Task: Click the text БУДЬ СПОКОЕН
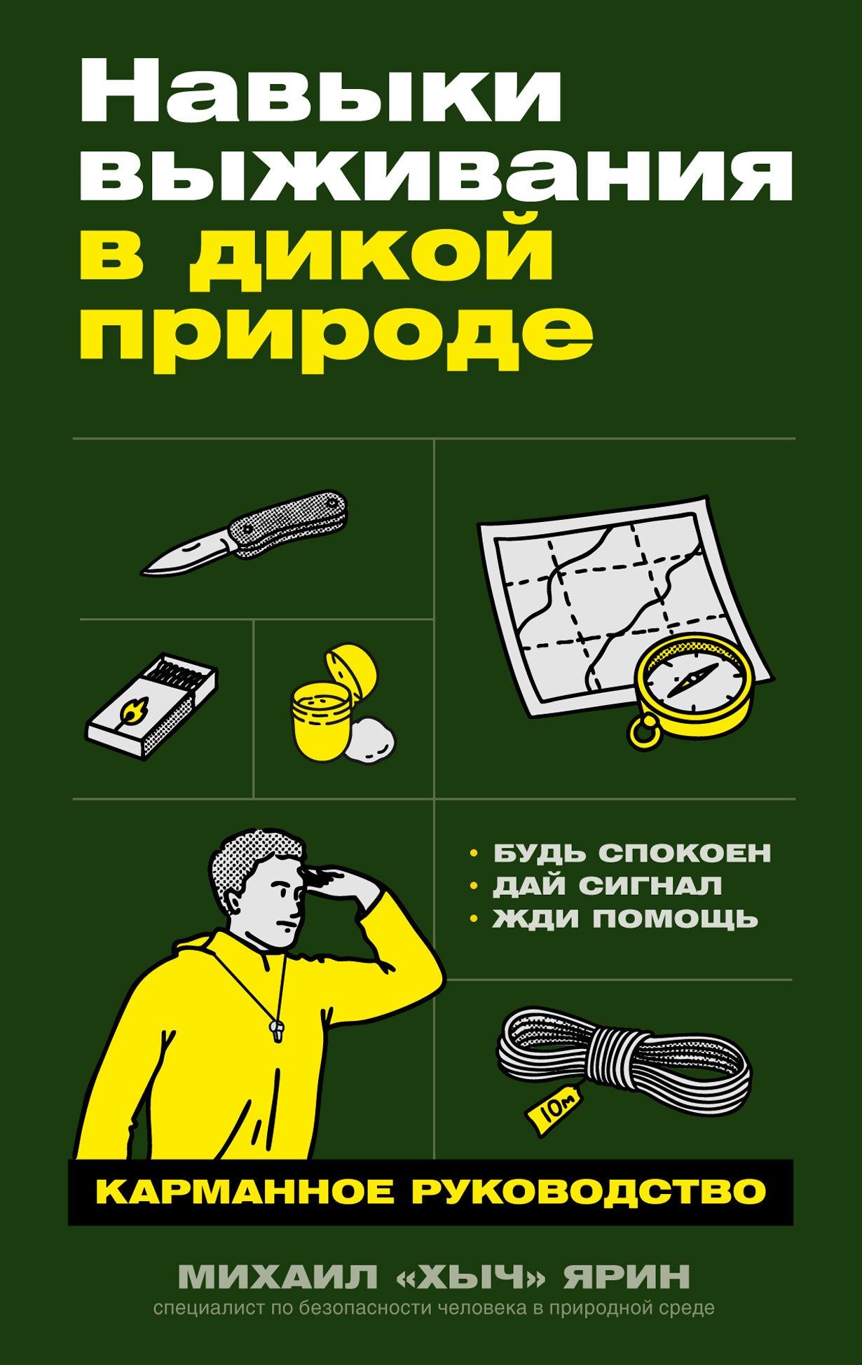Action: pos(631,853)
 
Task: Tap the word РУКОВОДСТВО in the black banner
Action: pos(589,1192)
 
